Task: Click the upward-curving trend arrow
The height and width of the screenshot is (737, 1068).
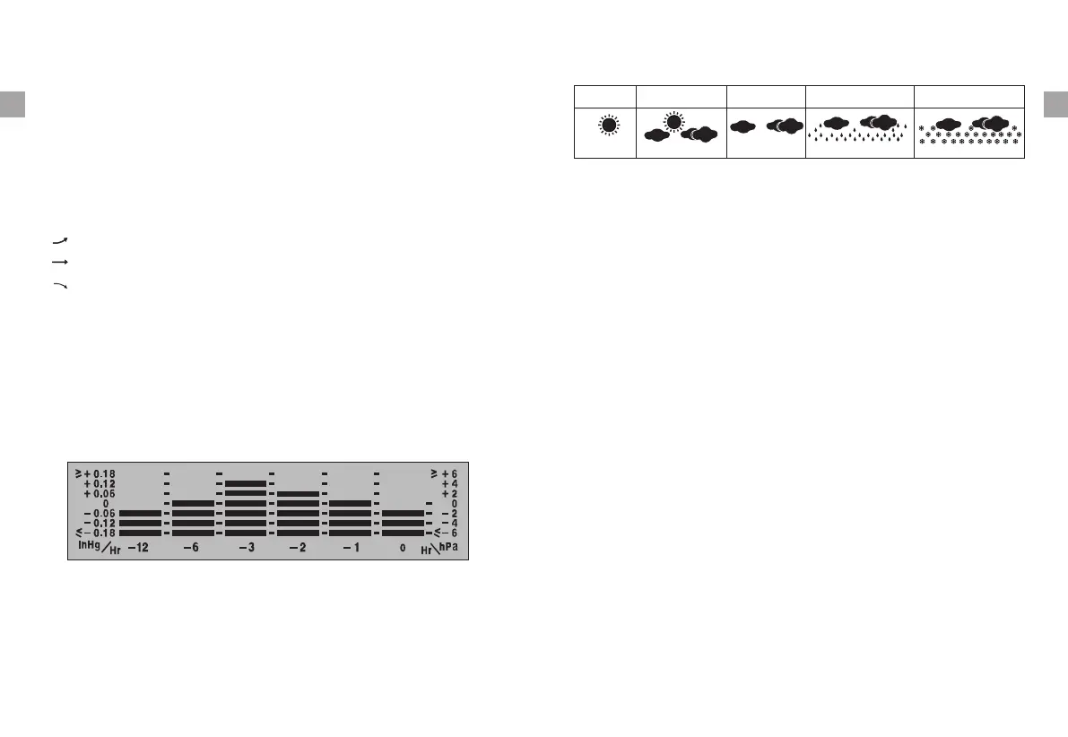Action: coord(60,240)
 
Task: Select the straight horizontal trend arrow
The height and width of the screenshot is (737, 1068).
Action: coord(60,262)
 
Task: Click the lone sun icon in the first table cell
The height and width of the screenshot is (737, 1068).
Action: coord(608,126)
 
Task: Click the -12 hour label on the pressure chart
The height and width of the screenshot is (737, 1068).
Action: coord(137,548)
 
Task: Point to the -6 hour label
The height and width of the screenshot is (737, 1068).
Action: coord(191,548)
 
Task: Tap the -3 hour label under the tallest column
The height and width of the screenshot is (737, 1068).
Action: coord(247,548)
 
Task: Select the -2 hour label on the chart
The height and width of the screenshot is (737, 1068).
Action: coord(299,548)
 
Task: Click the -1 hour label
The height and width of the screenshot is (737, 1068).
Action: coord(351,548)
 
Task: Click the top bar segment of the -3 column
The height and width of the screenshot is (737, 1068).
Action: coord(246,483)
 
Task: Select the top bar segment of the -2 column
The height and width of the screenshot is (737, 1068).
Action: coord(298,493)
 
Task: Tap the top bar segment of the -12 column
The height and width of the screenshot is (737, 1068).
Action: coord(140,513)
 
